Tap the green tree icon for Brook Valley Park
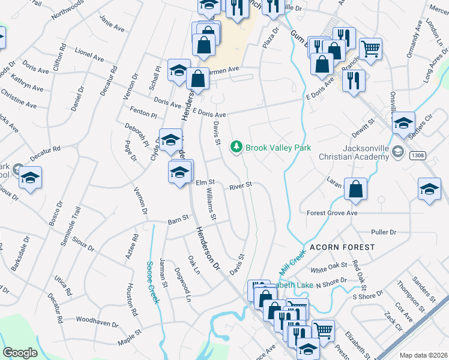point(237,145)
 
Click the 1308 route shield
point(418,155)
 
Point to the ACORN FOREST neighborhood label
point(342,247)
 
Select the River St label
point(240,187)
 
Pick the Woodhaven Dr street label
point(97,323)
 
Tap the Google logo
point(20,352)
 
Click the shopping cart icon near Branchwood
point(370,47)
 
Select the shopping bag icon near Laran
point(356,189)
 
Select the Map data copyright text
point(423,355)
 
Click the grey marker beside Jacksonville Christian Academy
point(397,153)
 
